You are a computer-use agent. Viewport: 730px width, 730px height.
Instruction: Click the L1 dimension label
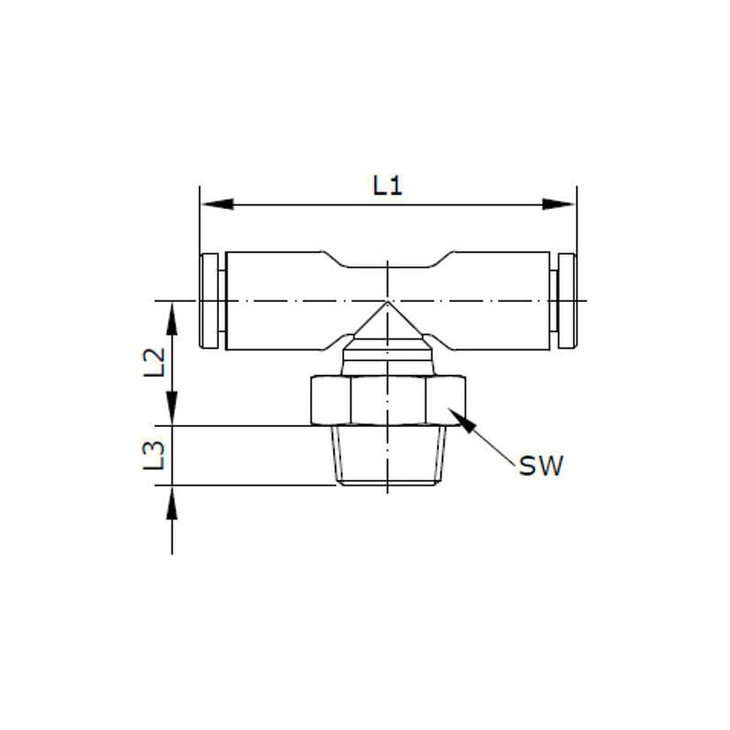click(387, 186)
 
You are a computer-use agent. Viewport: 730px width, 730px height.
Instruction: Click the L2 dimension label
click(154, 361)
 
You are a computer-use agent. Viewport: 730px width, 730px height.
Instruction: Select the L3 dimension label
click(154, 454)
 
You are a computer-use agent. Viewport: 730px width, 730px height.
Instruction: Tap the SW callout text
click(541, 465)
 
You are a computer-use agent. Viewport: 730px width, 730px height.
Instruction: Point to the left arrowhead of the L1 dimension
click(217, 203)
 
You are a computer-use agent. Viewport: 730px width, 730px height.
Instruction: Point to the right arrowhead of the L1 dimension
click(558, 203)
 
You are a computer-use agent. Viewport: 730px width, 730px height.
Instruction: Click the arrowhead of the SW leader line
click(463, 420)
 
